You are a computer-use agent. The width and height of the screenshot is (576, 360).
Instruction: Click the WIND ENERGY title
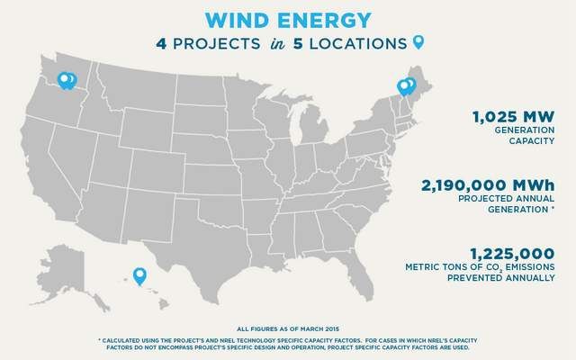click(288, 20)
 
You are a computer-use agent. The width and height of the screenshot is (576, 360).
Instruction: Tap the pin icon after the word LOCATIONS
click(418, 42)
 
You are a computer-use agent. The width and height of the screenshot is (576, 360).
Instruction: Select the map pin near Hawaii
click(139, 276)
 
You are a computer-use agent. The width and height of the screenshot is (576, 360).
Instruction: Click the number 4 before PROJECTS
click(161, 44)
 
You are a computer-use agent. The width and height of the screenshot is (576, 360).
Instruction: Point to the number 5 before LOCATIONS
click(298, 44)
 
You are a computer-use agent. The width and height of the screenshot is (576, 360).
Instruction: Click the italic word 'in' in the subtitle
click(277, 44)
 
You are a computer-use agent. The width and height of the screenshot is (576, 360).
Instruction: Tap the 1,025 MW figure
click(514, 117)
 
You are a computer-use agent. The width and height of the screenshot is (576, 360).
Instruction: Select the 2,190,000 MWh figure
click(488, 185)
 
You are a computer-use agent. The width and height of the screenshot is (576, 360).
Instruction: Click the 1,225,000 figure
click(512, 254)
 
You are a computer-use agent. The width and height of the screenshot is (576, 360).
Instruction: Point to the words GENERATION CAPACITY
click(525, 136)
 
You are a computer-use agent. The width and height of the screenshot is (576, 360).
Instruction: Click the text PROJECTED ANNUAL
click(506, 198)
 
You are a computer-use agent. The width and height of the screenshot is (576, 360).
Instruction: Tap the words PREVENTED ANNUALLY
click(500, 278)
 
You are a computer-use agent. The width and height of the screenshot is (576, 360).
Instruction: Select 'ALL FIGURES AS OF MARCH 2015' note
click(288, 329)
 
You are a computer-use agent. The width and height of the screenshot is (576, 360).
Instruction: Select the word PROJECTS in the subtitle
click(217, 44)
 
